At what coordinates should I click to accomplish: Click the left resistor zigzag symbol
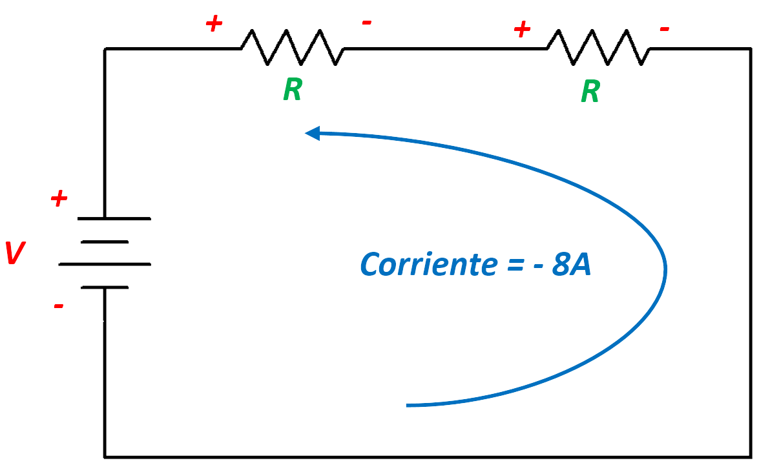pyautogui.click(x=291, y=48)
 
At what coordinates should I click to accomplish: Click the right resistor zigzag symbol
pyautogui.click(x=598, y=48)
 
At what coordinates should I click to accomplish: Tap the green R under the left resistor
pyautogui.click(x=292, y=90)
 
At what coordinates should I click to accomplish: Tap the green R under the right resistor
pyautogui.click(x=590, y=92)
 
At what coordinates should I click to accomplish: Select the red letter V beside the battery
pyautogui.click(x=14, y=254)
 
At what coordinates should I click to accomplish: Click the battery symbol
pyautogui.click(x=105, y=253)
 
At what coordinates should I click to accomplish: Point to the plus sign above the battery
pyautogui.click(x=59, y=199)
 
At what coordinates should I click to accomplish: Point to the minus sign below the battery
pyautogui.click(x=58, y=305)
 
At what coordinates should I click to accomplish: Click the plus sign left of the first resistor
pyautogui.click(x=214, y=25)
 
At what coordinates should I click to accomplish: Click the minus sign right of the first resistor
pyautogui.click(x=366, y=23)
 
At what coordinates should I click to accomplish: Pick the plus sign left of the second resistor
pyautogui.click(x=522, y=29)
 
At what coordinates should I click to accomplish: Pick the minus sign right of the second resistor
pyautogui.click(x=664, y=29)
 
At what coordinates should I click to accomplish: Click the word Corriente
pyautogui.click(x=423, y=265)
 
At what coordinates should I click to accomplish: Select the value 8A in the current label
pyautogui.click(x=571, y=265)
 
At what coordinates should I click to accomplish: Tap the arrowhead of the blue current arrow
pyautogui.click(x=312, y=133)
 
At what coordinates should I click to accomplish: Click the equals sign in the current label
pyautogui.click(x=510, y=265)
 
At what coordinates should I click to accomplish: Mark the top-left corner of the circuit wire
pyautogui.click(x=105, y=48)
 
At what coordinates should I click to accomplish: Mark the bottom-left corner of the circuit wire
pyautogui.click(x=105, y=456)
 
